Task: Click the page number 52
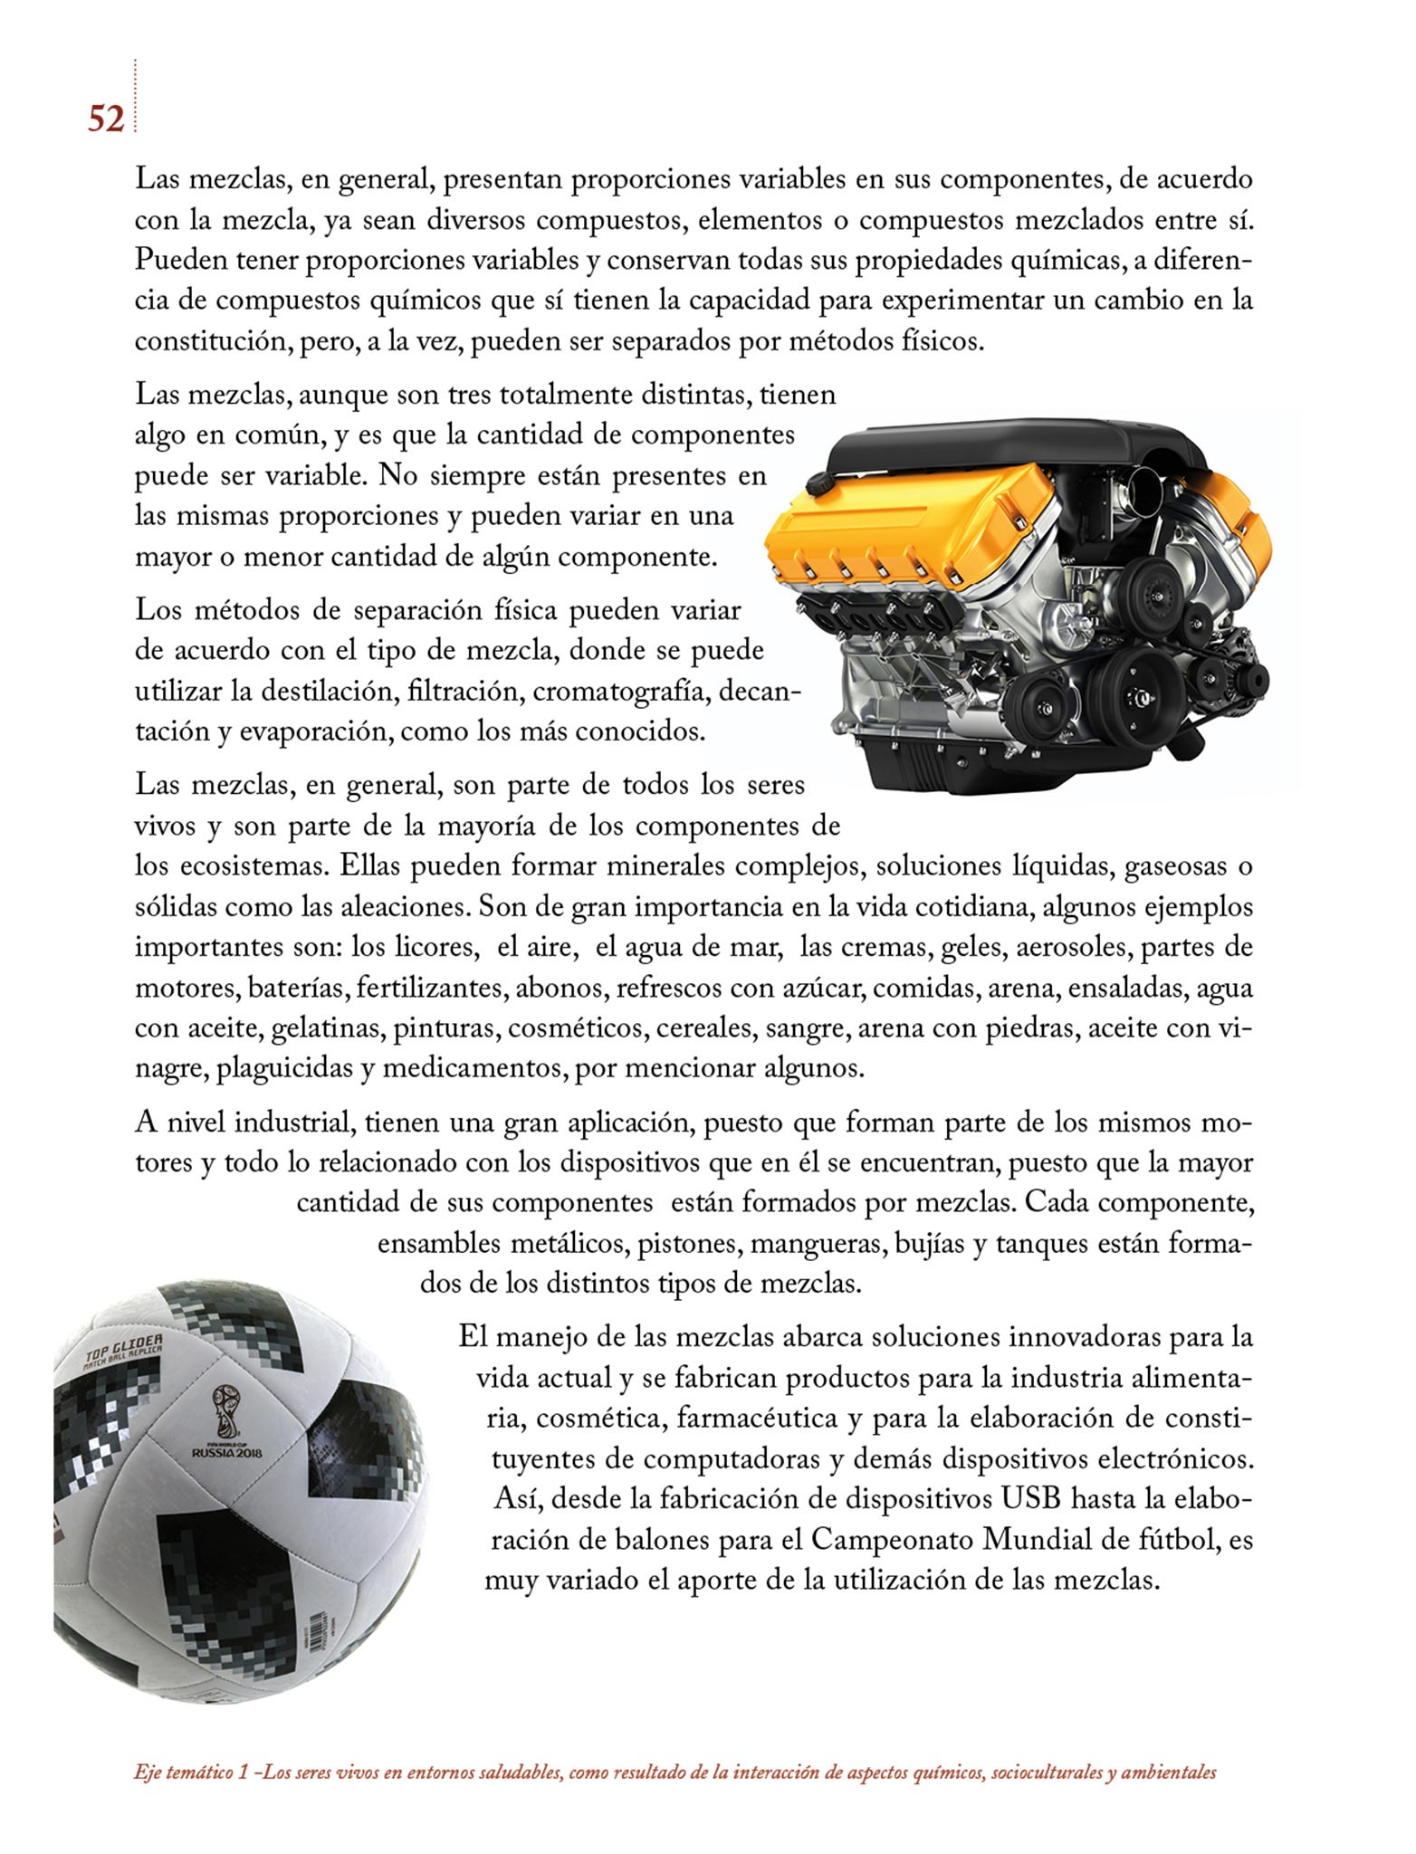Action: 105,119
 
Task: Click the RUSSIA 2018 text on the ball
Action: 225,1452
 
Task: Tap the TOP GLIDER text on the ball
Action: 124,1350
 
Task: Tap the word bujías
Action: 929,1243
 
